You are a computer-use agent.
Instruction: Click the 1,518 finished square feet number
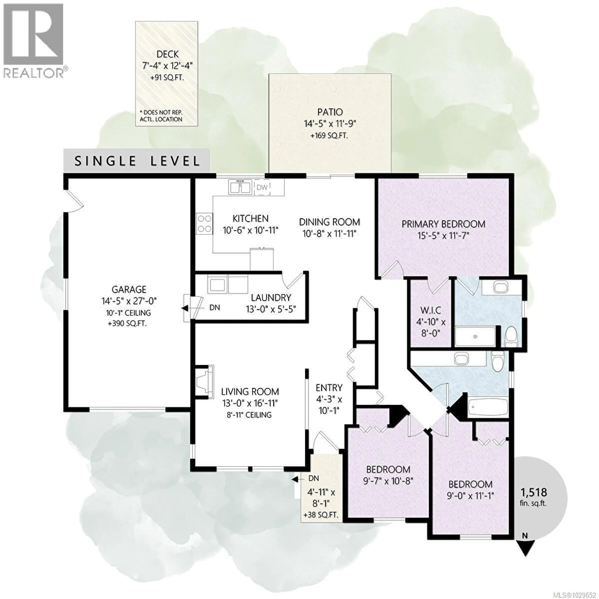[533, 492]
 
